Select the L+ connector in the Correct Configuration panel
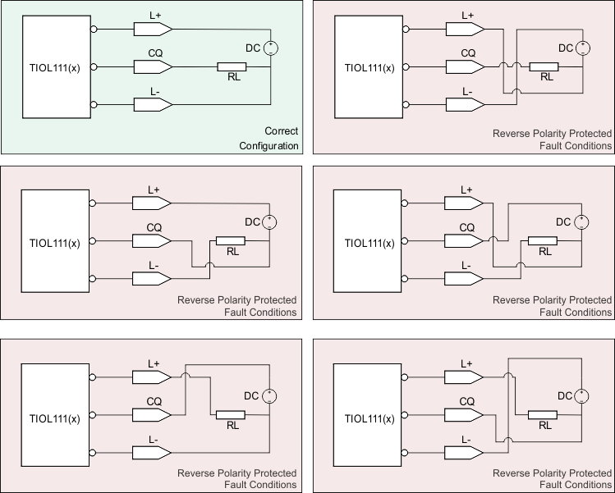(x=152, y=30)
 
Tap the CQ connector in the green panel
(x=152, y=67)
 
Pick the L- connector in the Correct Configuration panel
(x=152, y=104)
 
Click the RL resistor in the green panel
(x=231, y=67)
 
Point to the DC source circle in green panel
(x=270, y=48)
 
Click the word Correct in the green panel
(x=281, y=131)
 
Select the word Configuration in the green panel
(x=268, y=146)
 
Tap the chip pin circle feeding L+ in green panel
(x=94, y=30)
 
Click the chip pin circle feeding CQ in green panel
(x=94, y=67)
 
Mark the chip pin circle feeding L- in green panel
(x=94, y=104)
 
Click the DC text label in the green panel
(x=253, y=48)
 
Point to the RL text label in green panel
(x=233, y=78)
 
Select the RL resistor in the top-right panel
(x=544, y=67)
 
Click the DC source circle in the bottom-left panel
(x=270, y=396)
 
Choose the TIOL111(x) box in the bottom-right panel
(x=369, y=418)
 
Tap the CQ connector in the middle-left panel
(x=152, y=241)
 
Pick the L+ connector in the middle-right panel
(x=466, y=203)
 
